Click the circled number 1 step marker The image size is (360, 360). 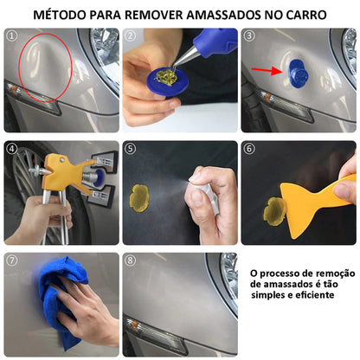coord(12,35)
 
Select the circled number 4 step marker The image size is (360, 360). coord(12,148)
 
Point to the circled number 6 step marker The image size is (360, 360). coord(249,148)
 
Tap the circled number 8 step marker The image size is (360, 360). coord(130,260)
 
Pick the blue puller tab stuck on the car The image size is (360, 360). coord(298,74)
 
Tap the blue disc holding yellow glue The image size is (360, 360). coord(167,81)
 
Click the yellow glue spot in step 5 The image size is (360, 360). coord(139,198)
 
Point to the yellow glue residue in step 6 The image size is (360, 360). coord(274,212)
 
